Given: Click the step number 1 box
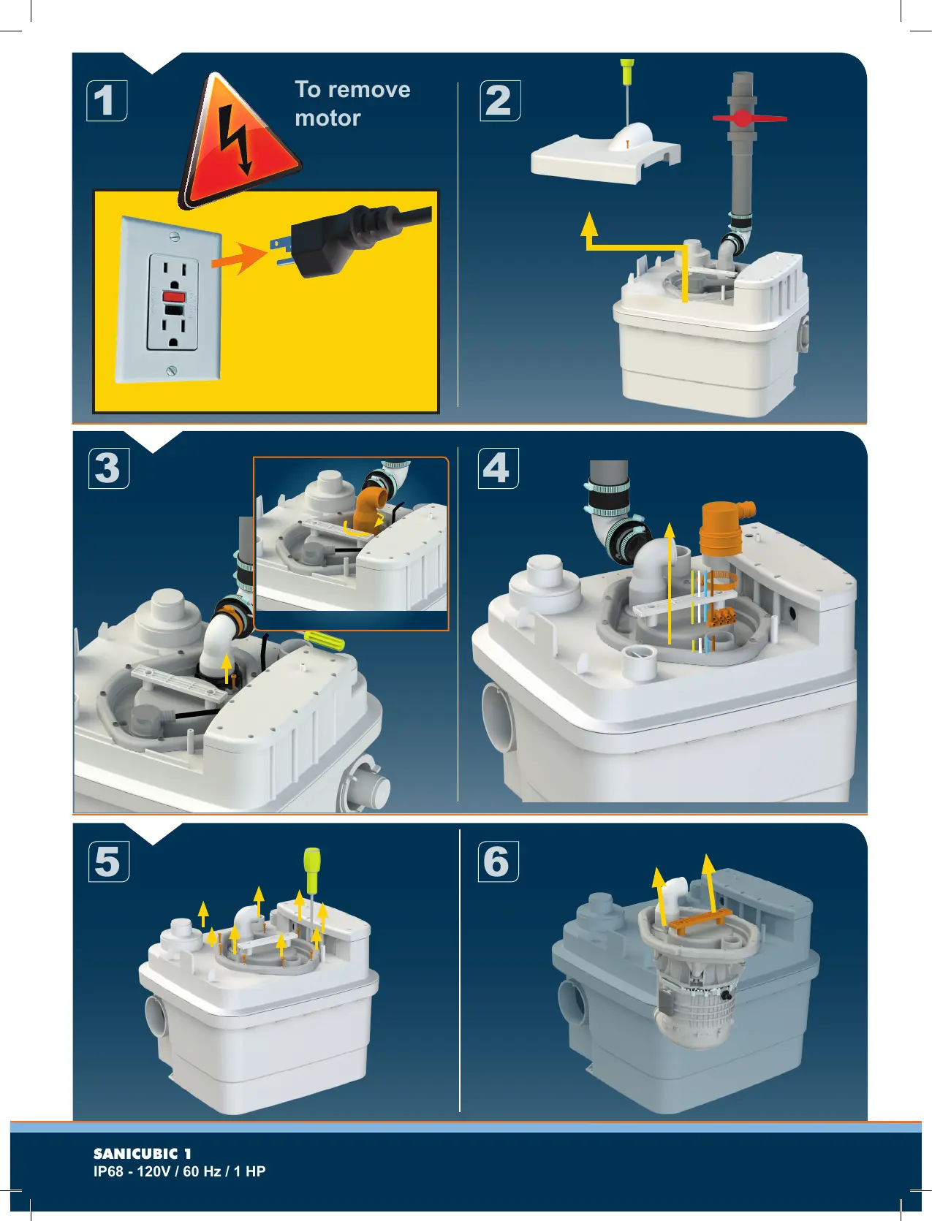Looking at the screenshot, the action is tap(107, 101).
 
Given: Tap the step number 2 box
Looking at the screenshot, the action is tap(500, 101).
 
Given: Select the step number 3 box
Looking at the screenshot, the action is tap(109, 468).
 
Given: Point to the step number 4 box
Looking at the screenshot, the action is tap(499, 468).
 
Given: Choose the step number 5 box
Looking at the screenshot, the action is tap(109, 861).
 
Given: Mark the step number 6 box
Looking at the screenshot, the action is tap(499, 861).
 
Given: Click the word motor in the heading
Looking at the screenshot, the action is tap(327, 118).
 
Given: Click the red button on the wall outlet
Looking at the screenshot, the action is tap(173, 296).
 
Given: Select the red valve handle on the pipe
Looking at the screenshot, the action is tap(749, 118).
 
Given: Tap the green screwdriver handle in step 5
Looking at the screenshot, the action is tap(312, 864).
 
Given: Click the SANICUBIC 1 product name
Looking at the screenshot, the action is tap(142, 1154).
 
